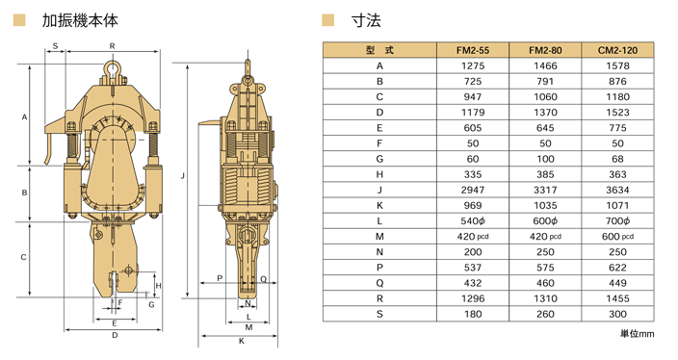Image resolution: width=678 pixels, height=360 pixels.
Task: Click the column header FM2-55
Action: tap(473, 50)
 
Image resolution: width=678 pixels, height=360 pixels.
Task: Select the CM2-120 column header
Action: tap(617, 50)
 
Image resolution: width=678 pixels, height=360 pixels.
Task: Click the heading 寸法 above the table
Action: tap(366, 19)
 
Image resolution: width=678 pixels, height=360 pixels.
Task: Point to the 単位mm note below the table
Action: tap(637, 334)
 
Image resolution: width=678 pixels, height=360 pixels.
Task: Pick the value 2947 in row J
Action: tap(473, 190)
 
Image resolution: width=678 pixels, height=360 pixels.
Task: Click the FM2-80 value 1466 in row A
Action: tap(545, 65)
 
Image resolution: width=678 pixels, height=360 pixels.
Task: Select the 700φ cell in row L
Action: tap(617, 220)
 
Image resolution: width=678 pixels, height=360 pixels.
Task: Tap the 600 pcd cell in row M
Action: tap(617, 236)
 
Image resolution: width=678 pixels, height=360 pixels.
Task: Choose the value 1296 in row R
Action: tap(473, 298)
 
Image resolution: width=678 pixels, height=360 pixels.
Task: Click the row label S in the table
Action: tap(379, 314)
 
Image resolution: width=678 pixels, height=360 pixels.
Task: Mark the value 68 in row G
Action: tap(617, 159)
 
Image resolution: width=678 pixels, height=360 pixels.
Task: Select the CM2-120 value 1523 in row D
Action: tap(617, 112)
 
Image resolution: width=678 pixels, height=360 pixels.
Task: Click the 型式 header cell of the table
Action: tap(379, 50)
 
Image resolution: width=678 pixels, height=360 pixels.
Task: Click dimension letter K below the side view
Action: tap(242, 341)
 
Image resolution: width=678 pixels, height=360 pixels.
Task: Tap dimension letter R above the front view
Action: tap(113, 45)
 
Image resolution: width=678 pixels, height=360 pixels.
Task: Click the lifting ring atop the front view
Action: tap(113, 68)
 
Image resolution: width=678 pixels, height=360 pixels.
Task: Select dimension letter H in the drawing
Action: tap(158, 286)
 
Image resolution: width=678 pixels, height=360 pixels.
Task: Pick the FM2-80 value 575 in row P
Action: tap(545, 268)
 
